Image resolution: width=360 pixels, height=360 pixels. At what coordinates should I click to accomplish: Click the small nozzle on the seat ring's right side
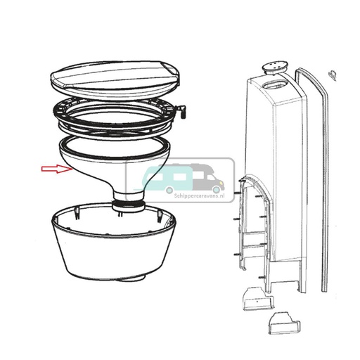coord(184,110)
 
